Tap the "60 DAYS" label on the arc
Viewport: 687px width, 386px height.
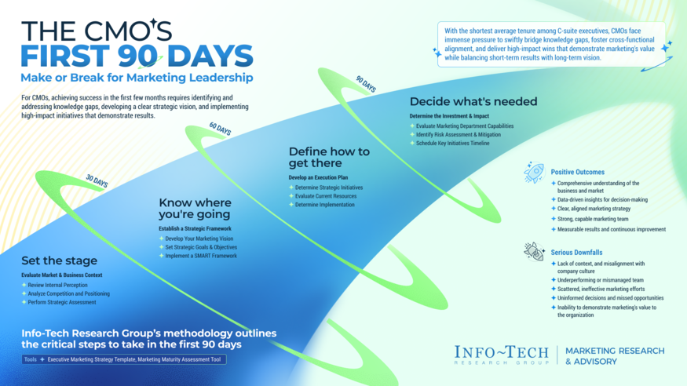click(220, 128)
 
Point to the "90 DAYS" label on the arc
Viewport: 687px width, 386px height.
click(366, 83)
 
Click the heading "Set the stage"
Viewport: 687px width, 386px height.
click(60, 261)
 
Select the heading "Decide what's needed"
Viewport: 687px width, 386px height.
click(473, 101)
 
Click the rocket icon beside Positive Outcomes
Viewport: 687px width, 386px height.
click(534, 173)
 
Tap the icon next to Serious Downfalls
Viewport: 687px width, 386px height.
click(534, 252)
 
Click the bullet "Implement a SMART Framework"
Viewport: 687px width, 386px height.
click(200, 257)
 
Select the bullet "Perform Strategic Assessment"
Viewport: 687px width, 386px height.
click(64, 302)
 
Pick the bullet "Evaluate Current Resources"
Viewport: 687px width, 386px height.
click(325, 196)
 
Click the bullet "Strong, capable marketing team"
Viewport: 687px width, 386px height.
click(594, 220)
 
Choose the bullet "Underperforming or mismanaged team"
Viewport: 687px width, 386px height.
click(599, 279)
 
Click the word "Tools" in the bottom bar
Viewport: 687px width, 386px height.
click(31, 360)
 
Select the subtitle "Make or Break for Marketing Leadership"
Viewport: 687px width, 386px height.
click(137, 78)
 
